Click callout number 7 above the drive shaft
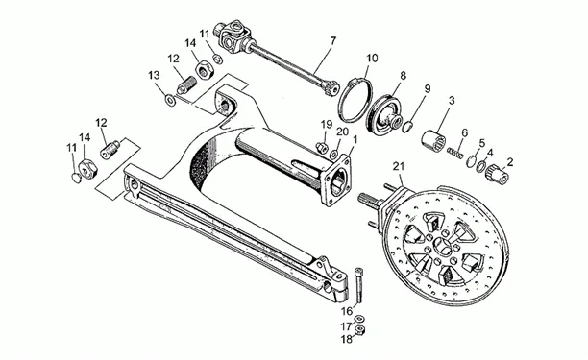(x=332, y=41)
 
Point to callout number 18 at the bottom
(x=347, y=339)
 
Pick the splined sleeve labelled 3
(x=434, y=140)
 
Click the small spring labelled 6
(x=455, y=153)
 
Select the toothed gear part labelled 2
(x=498, y=175)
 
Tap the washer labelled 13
(x=171, y=100)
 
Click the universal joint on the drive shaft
(x=232, y=36)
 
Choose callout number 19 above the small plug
(x=327, y=125)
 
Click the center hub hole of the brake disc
(x=444, y=247)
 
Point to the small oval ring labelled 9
(x=408, y=127)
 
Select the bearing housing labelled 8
(x=383, y=114)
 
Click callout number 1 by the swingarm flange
(x=355, y=140)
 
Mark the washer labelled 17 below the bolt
(x=359, y=318)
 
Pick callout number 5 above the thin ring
(x=481, y=143)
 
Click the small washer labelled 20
(x=333, y=155)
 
